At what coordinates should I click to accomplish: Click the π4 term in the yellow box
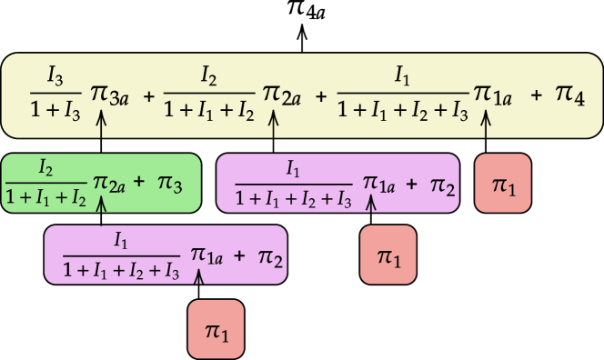570,95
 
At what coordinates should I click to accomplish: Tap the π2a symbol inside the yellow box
282,94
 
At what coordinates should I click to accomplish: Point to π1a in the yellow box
493,95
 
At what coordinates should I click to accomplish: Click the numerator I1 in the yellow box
402,75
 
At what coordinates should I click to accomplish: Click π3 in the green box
171,184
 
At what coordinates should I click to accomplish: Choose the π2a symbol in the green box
111,183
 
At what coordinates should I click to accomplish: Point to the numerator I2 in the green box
45,166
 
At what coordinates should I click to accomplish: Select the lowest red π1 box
216,329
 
